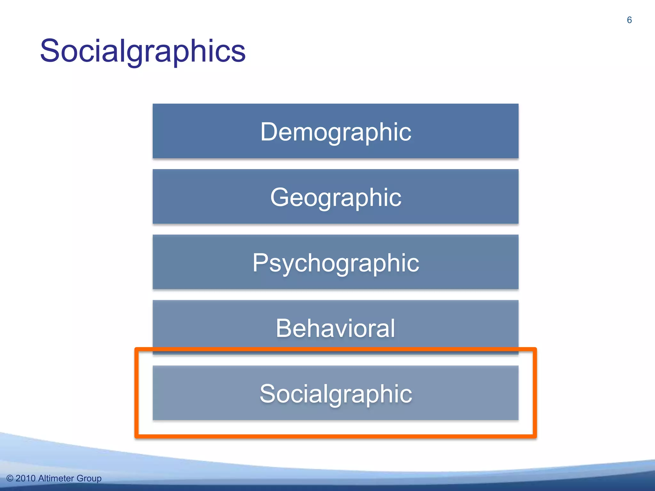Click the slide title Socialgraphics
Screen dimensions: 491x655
(143, 51)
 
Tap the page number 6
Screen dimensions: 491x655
(629, 20)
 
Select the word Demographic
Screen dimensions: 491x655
(335, 132)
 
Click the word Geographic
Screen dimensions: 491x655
(335, 197)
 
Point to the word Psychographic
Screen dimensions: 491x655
(335, 263)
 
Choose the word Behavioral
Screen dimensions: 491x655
(335, 328)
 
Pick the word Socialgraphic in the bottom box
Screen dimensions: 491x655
(335, 394)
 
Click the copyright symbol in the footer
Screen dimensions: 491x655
(10, 479)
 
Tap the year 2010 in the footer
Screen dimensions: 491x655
(25, 479)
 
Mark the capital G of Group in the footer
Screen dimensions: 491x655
(80, 479)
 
